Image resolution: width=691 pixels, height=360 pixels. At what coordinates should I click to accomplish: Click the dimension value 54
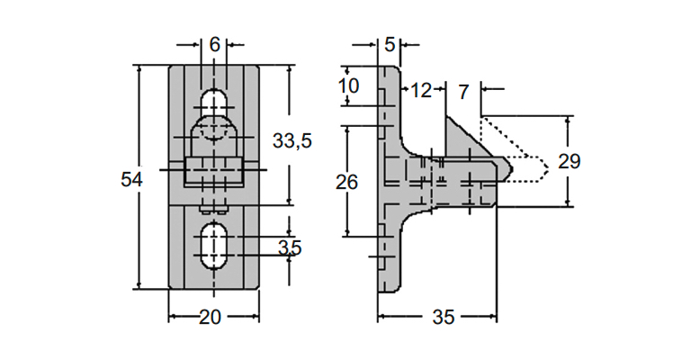[x=132, y=180]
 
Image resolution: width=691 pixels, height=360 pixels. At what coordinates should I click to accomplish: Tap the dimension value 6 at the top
[x=214, y=44]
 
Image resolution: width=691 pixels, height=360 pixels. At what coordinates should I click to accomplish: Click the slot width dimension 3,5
[x=290, y=247]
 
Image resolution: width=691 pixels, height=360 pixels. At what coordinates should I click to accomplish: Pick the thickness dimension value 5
[x=389, y=44]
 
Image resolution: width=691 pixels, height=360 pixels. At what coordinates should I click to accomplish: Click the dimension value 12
[x=421, y=89]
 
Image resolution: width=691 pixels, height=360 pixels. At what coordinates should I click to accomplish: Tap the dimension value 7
[x=462, y=90]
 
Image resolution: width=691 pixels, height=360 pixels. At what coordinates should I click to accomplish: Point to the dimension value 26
[x=346, y=182]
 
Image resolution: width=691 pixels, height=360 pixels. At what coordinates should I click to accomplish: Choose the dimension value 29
[x=569, y=162]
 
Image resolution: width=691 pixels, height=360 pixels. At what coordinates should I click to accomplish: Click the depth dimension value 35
[x=443, y=318]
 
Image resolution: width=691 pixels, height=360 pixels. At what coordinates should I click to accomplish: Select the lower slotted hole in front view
[x=214, y=245]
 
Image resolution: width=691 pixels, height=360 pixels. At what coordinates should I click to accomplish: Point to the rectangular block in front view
[x=214, y=169]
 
